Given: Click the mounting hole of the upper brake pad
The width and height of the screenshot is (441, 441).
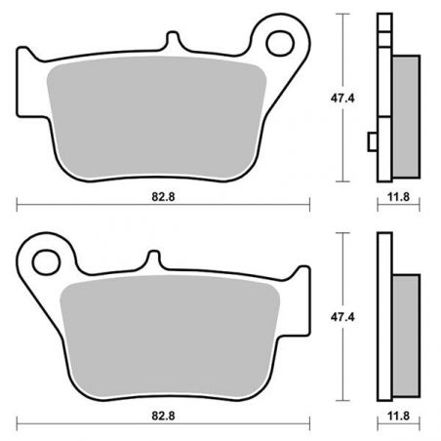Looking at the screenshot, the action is point(280,43).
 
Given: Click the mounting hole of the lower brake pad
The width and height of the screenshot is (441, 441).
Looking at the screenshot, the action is point(47,262).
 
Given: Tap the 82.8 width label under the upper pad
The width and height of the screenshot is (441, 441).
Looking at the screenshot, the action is point(163,197).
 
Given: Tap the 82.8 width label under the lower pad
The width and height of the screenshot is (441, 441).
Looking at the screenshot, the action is point(163,416).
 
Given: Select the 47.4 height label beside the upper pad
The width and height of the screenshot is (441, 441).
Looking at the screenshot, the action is point(342,99).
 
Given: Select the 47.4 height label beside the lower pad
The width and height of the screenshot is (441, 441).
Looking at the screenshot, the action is point(342,317).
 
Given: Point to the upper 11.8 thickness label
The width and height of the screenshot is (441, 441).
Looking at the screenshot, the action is point(398,197).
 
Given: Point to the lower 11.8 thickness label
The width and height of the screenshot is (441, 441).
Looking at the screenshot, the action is point(398,416).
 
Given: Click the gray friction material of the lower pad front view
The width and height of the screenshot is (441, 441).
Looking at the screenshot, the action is point(170,338).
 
